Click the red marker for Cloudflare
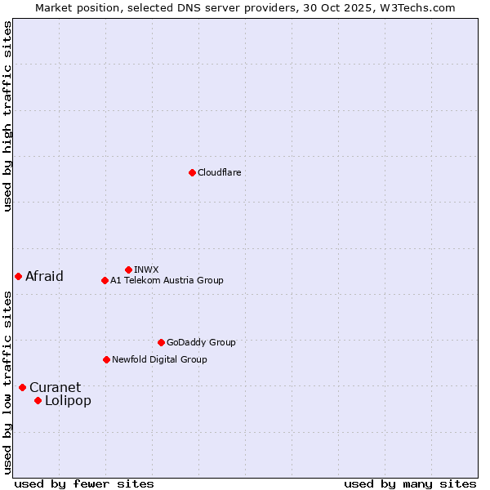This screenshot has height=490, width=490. pyautogui.click(x=192, y=172)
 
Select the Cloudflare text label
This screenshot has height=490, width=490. pyautogui.click(x=220, y=172)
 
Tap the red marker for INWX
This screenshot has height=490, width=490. pyautogui.click(x=128, y=269)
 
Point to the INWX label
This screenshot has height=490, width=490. pyautogui.click(x=146, y=269)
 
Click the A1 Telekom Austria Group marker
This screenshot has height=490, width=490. pyautogui.click(x=105, y=280)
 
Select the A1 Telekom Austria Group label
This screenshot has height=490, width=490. pyautogui.click(x=167, y=280)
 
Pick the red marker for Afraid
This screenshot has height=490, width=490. pyautogui.click(x=18, y=276)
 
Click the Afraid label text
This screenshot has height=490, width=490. pyautogui.click(x=44, y=276)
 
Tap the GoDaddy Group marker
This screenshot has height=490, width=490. pyautogui.click(x=161, y=342)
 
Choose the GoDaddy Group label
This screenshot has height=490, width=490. pyautogui.click(x=201, y=342)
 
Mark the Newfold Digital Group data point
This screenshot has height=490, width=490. pyautogui.click(x=106, y=359)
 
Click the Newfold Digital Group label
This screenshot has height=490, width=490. pyautogui.click(x=159, y=359)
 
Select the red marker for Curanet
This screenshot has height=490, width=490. pyautogui.click(x=22, y=387)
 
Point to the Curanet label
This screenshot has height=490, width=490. pyautogui.click(x=56, y=387)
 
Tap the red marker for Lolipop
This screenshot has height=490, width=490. pyautogui.click(x=38, y=400)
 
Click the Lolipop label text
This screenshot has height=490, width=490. pyautogui.click(x=68, y=400)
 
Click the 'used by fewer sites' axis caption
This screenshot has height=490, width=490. pyautogui.click(x=84, y=483)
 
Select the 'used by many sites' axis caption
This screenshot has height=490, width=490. pyautogui.click(x=410, y=483)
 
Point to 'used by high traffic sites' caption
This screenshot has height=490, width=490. pyautogui.click(x=7, y=116)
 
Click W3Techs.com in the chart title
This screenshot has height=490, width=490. pyautogui.click(x=415, y=7)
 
